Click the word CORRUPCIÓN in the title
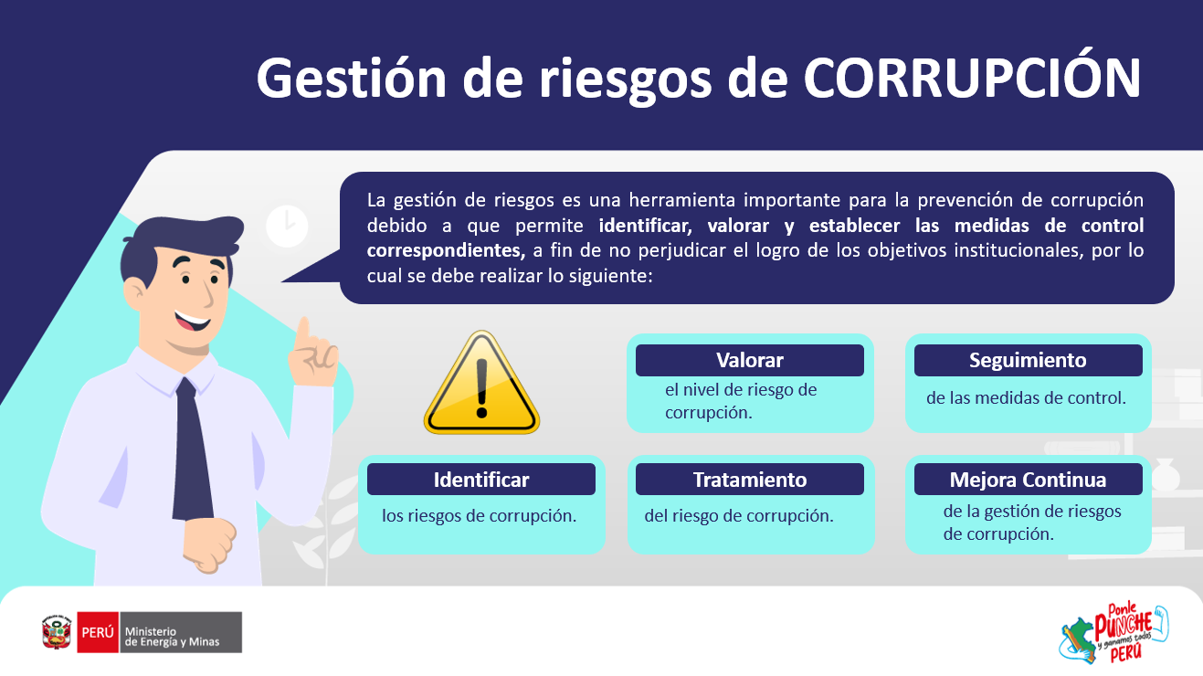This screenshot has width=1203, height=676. (972, 78)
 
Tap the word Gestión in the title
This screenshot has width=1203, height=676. (352, 78)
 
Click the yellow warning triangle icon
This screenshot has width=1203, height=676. (481, 383)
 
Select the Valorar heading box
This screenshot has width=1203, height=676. (750, 360)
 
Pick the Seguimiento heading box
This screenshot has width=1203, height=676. (1028, 360)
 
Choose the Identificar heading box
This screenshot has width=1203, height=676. (481, 479)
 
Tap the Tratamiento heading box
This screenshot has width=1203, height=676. (750, 479)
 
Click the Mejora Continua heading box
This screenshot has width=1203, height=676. (1028, 479)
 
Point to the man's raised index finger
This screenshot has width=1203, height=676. (304, 331)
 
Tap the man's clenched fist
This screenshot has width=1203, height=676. (209, 545)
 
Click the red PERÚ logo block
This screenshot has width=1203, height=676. (98, 632)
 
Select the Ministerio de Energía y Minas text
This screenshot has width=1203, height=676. (172, 637)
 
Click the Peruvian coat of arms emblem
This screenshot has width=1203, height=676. (57, 632)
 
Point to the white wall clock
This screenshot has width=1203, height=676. (288, 226)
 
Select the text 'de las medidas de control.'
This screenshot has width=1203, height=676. (1026, 398)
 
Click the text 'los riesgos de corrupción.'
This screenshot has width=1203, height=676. (479, 515)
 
